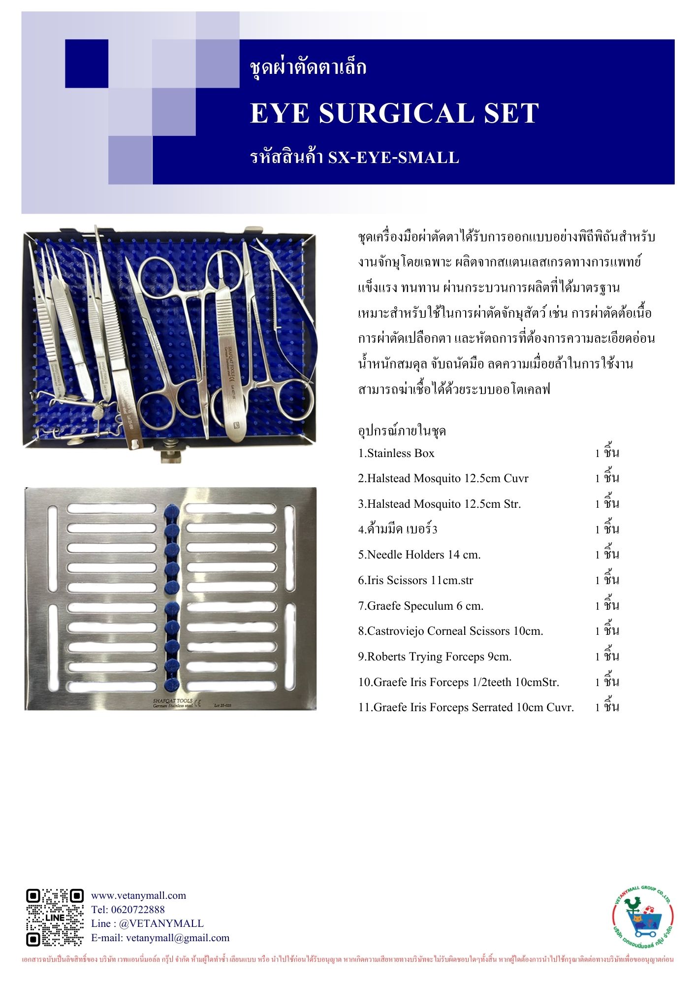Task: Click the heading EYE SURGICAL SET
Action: [x=394, y=113]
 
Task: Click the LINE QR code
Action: [x=55, y=917]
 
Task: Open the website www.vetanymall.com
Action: [x=138, y=895]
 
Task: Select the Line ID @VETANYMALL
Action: [x=161, y=923]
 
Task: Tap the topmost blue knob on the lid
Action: [x=171, y=511]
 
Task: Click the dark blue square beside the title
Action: [x=87, y=64]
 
